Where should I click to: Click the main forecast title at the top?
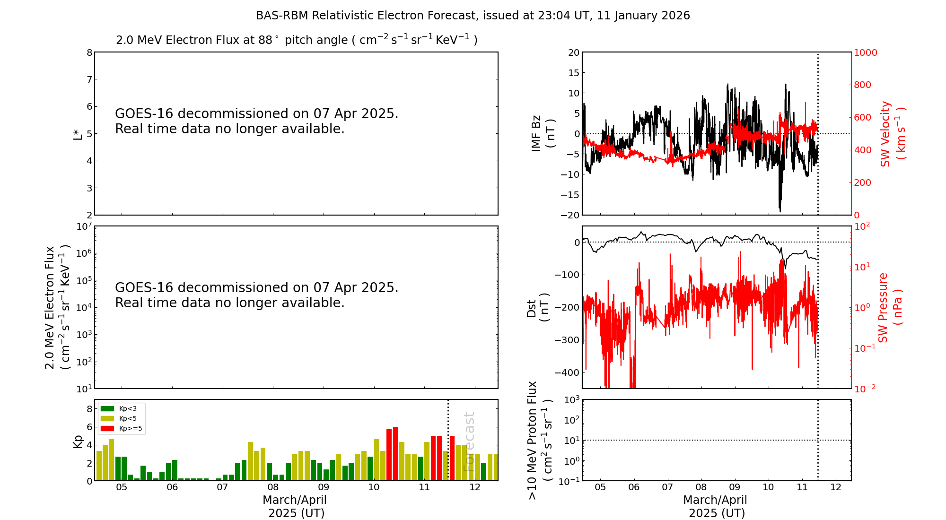(473, 16)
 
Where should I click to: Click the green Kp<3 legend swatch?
(107, 408)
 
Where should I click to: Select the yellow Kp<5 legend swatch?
(107, 418)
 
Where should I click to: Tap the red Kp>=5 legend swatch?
(107, 429)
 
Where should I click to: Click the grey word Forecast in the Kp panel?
(468, 442)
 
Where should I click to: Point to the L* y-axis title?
(78, 134)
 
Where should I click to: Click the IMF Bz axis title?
(543, 133)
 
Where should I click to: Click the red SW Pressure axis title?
(890, 307)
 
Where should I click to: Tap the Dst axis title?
(538, 308)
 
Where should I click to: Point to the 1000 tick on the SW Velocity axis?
(865, 52)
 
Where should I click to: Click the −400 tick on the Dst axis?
(567, 373)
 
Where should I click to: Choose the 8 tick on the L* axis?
(89, 52)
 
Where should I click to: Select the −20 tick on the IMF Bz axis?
(569, 215)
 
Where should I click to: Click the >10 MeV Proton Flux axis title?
(539, 440)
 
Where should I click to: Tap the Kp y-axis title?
(78, 441)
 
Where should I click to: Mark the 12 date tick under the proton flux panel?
(836, 487)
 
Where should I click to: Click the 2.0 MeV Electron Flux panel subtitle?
(297, 40)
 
